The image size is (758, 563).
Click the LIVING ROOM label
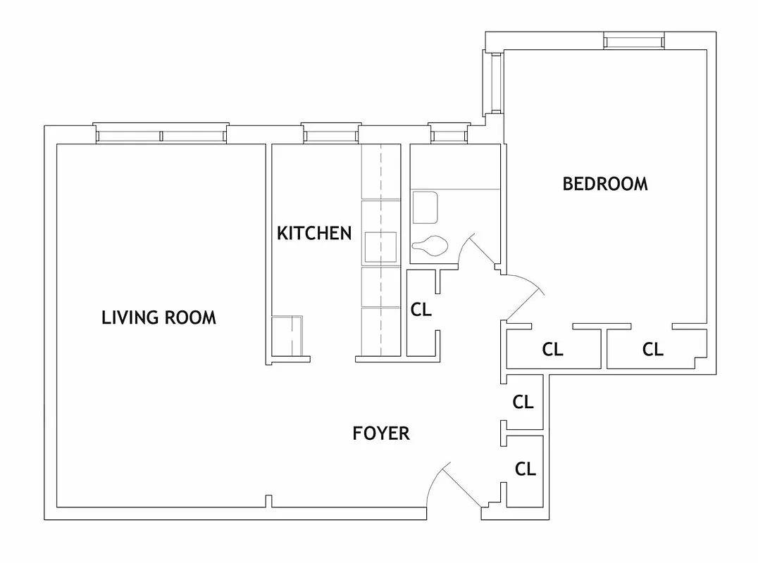(159, 317)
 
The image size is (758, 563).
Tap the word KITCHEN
(313, 234)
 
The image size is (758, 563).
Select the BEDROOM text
(604, 184)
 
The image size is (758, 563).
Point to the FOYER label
(380, 434)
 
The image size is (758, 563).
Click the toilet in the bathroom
(430, 247)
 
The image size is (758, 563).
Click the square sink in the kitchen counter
(380, 247)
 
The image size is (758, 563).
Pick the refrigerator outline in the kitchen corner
(287, 336)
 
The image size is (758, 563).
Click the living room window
(161, 134)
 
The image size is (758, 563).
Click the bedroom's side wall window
(495, 82)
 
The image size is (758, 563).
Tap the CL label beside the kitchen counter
(421, 310)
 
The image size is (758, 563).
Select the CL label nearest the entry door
(526, 469)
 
